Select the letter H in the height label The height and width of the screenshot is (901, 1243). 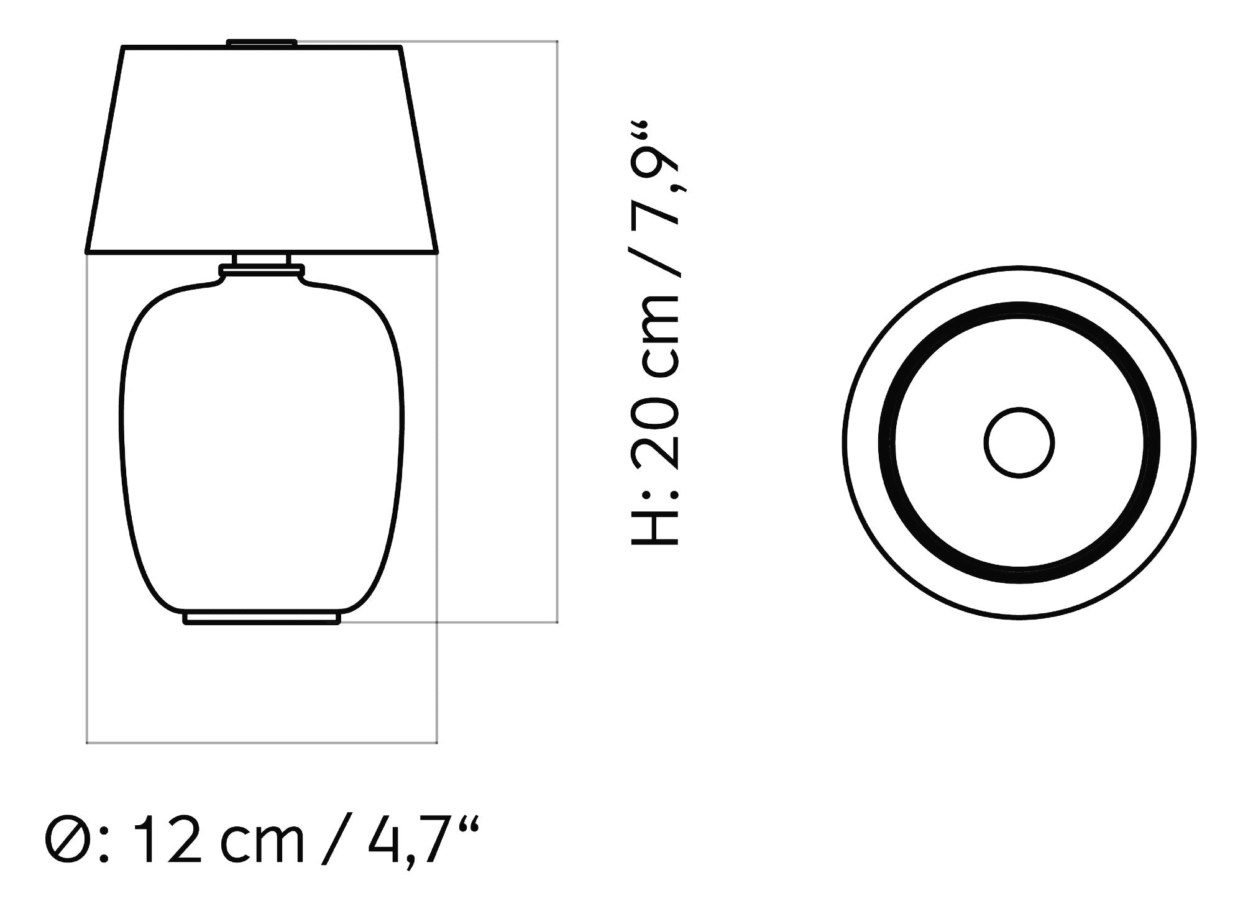pos(654,523)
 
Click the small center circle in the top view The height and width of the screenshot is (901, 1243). pos(1019,442)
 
